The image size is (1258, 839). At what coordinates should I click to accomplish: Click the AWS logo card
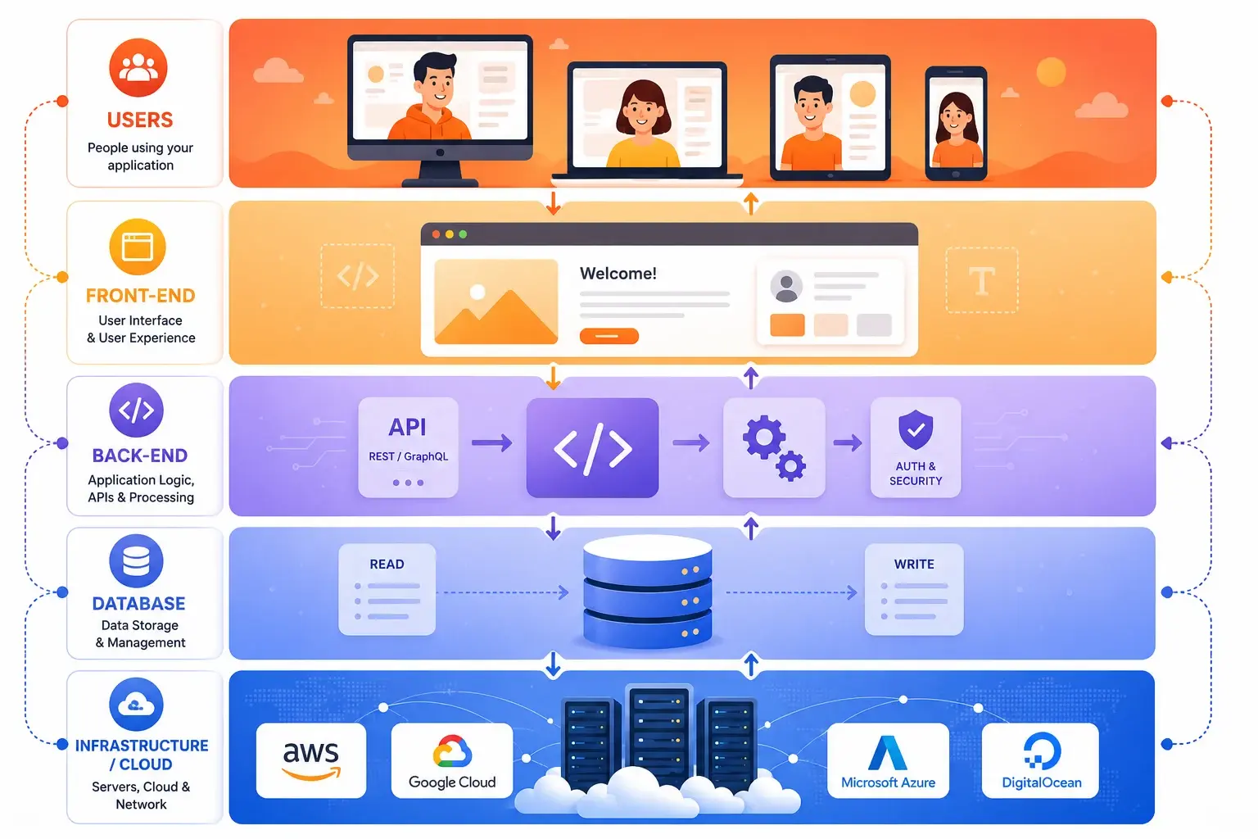pos(311,760)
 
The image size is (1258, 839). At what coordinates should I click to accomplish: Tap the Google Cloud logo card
pos(452,760)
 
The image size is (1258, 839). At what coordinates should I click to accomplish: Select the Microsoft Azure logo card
pos(888,760)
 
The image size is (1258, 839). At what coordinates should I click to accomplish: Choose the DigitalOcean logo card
pos(1041,760)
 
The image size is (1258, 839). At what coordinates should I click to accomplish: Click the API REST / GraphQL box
pos(409,447)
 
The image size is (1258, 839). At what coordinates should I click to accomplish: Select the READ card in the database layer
pos(387,589)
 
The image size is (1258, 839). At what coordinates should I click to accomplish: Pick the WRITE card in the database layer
pos(914,589)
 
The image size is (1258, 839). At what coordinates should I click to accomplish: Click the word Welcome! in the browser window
pos(618,274)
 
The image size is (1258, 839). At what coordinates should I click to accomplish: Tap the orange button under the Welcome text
pos(609,336)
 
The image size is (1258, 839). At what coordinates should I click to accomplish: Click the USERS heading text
pos(140,120)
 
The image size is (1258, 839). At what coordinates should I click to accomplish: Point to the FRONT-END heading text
pos(140,296)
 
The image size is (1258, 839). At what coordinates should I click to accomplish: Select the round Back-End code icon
pos(137,410)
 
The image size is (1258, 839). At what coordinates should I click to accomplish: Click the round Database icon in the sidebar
pos(137,560)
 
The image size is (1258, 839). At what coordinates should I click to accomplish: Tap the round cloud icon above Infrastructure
pos(137,704)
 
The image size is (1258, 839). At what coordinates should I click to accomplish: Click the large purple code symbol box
pos(592,448)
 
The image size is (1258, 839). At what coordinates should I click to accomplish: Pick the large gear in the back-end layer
pos(763,437)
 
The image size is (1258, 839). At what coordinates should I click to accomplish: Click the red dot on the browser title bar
pos(436,234)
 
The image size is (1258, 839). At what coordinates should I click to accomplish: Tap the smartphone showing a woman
pos(956,124)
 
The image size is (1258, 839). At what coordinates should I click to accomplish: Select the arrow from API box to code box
pos(492,442)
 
